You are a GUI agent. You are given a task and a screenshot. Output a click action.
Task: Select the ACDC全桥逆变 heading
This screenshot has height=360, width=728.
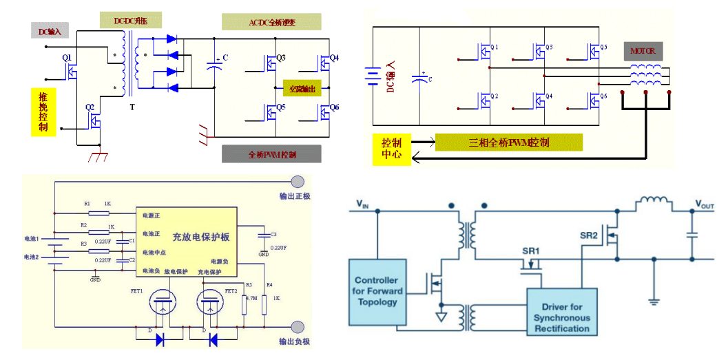271,22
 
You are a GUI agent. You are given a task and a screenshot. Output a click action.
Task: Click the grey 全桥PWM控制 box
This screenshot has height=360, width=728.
271,154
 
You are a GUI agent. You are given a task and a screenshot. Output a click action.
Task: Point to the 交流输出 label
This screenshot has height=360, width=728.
303,89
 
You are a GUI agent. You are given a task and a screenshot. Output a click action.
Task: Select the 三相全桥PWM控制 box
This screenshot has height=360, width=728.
509,142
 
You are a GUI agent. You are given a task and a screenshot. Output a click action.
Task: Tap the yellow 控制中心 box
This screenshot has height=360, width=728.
391,149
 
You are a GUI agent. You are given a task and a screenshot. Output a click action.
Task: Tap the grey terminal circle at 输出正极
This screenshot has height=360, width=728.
298,182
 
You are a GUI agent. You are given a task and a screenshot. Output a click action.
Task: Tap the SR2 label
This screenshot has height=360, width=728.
589,235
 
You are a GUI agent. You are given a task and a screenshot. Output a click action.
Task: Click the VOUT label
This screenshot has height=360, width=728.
705,204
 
